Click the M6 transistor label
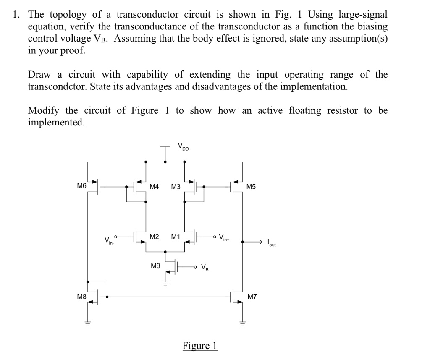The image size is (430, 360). point(81,185)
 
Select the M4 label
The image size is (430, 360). point(154,186)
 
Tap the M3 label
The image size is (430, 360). point(176,186)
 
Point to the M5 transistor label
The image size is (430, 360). point(251,186)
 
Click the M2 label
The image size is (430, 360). point(154,237)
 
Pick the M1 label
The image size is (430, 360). point(176,237)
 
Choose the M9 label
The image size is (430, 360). point(155,266)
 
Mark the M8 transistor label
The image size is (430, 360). point(81,297)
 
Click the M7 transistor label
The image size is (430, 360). point(252,297)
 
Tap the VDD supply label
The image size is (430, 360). point(183,147)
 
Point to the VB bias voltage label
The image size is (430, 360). point(205,267)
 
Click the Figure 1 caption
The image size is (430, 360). point(200,346)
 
